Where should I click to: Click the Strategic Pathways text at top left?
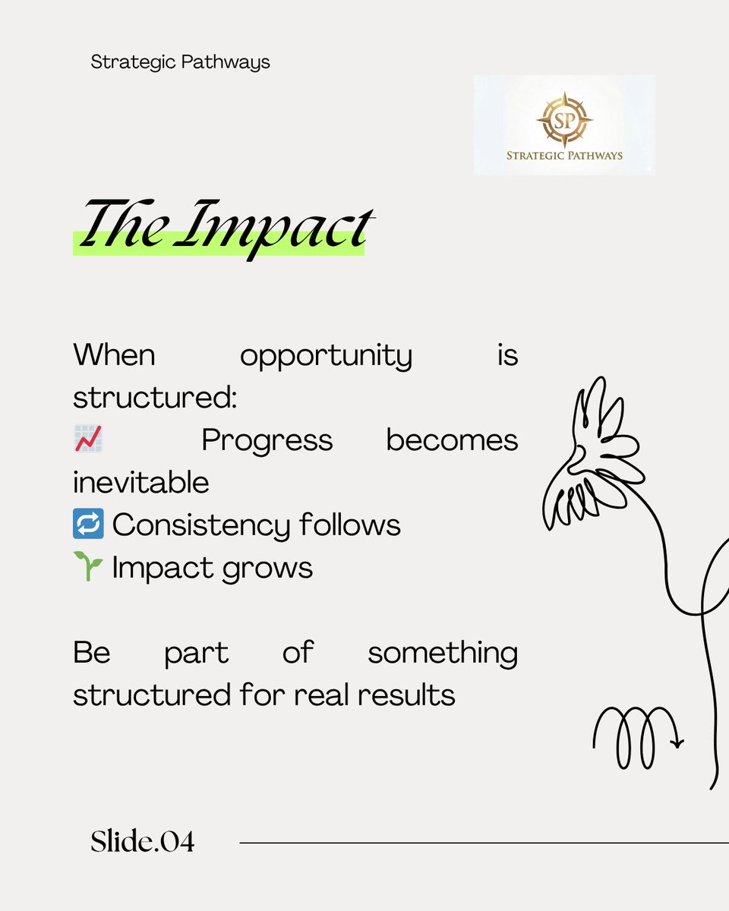(x=180, y=62)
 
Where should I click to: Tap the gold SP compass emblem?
(x=564, y=120)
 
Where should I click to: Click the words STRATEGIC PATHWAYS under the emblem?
(x=564, y=156)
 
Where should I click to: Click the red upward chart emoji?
(x=88, y=440)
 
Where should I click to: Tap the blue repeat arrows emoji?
(x=88, y=525)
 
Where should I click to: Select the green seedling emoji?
(x=88, y=567)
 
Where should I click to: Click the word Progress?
(x=267, y=440)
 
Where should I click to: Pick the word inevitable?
(x=141, y=483)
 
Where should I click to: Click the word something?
(x=442, y=653)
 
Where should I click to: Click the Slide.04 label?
(x=142, y=841)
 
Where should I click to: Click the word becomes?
(x=452, y=440)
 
